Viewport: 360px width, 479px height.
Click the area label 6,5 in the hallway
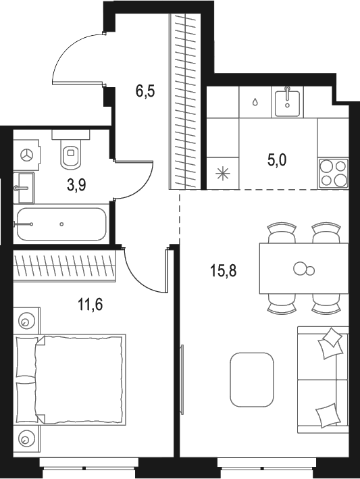(145, 91)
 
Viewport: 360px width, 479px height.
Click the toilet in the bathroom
(70, 153)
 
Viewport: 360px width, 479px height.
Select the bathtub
(61, 224)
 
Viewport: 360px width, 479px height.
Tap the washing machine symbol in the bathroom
(28, 155)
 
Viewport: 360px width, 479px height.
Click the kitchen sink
(288, 102)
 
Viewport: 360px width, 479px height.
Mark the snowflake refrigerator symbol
(221, 173)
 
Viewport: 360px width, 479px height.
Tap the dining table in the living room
(304, 269)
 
